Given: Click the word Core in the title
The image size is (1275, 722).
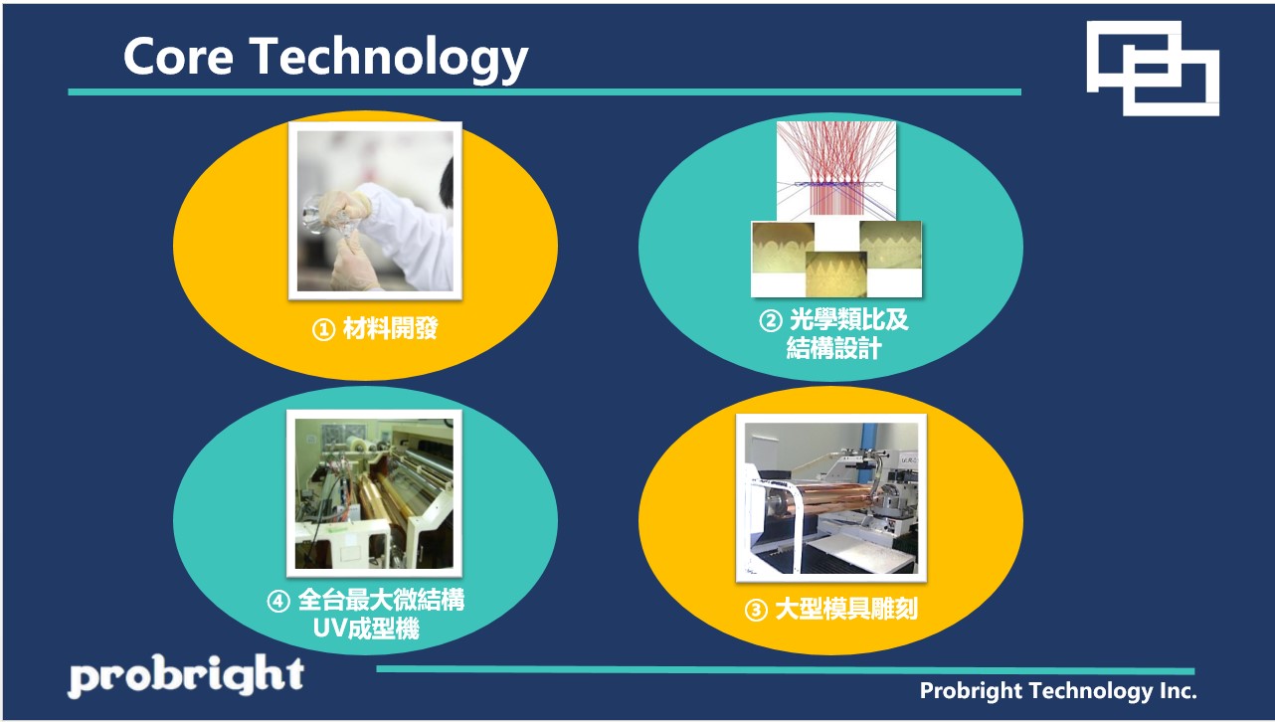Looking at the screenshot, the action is (x=178, y=57).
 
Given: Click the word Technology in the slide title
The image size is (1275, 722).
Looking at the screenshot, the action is (x=389, y=60).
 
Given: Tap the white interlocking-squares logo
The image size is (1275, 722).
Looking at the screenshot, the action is (x=1153, y=69).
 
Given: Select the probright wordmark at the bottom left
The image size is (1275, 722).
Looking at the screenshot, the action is (x=186, y=675).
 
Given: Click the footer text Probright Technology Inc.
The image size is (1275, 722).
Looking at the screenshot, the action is (x=1058, y=691).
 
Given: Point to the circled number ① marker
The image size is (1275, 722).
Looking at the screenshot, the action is (x=323, y=329).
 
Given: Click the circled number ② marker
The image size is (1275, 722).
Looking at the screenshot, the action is (x=771, y=321).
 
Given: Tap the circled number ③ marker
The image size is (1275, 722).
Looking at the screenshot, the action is (x=756, y=611).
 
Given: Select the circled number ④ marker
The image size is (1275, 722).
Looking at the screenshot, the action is (x=278, y=602).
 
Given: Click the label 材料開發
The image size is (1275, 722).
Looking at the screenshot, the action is (x=391, y=329).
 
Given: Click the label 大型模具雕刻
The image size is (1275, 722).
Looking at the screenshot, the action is (x=846, y=610).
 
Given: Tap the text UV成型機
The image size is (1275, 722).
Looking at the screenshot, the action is (x=366, y=629).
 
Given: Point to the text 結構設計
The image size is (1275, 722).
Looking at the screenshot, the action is (x=833, y=348).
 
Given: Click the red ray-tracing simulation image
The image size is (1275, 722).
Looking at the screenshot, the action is (x=836, y=171).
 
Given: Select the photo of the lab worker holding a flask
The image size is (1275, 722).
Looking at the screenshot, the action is (x=375, y=211).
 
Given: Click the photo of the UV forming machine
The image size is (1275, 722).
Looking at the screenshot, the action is (x=374, y=493).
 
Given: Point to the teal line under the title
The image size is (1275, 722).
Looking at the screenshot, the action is (x=545, y=91).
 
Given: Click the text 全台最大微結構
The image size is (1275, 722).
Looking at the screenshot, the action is (x=381, y=601).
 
